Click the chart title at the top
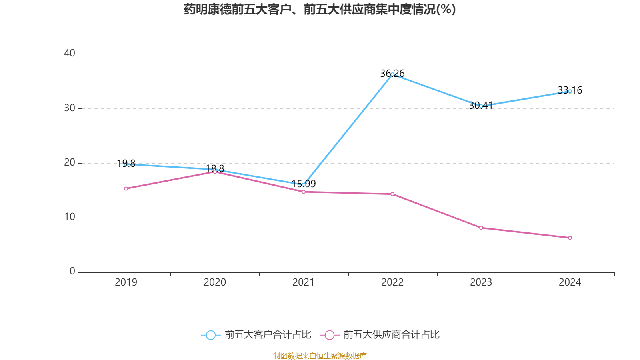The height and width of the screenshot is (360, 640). point(320,9)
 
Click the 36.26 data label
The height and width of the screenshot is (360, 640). point(392,74)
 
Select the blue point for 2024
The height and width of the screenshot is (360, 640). point(570,91)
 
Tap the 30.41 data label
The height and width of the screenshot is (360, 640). point(480,106)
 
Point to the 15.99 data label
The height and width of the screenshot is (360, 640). point(303,184)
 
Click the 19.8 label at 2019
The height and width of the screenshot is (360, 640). point(126,164)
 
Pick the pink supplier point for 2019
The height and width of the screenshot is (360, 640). point(126,188)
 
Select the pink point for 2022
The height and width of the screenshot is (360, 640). point(392,194)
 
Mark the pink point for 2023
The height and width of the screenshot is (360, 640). point(481,228)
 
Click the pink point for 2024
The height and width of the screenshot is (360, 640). point(570,238)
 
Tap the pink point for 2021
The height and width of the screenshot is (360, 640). point(303,192)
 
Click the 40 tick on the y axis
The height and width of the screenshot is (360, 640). point(70,53)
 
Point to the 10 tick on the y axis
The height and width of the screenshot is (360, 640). point(70,217)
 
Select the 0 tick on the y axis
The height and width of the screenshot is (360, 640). point(72,272)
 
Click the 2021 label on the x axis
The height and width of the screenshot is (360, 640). point(303,282)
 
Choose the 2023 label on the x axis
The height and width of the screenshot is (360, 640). point(481,282)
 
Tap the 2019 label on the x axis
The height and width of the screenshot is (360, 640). point(126,282)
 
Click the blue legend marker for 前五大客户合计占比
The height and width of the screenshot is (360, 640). point(210,335)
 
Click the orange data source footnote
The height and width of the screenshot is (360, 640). point(320,356)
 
